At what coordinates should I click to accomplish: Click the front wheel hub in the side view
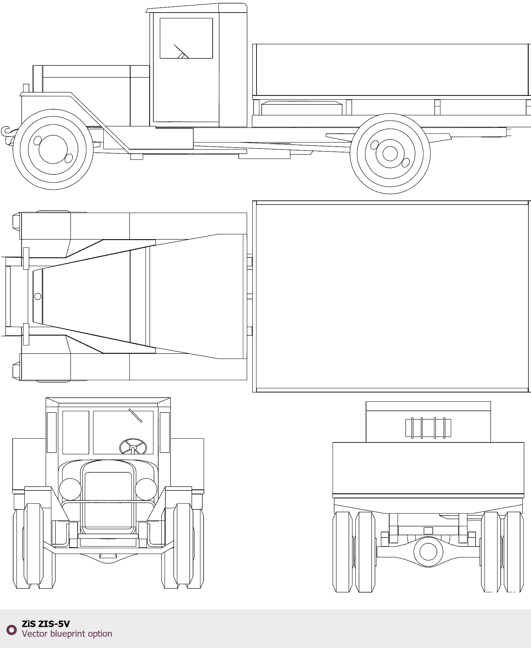click(53, 150)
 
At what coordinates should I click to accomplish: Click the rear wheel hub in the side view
click(390, 154)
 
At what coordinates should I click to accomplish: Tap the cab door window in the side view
click(186, 38)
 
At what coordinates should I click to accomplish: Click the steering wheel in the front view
click(133, 447)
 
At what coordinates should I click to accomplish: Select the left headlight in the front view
click(70, 489)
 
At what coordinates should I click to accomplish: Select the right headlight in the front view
click(146, 489)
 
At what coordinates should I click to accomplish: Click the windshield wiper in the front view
click(135, 415)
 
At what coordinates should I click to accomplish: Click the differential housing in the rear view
click(428, 552)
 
